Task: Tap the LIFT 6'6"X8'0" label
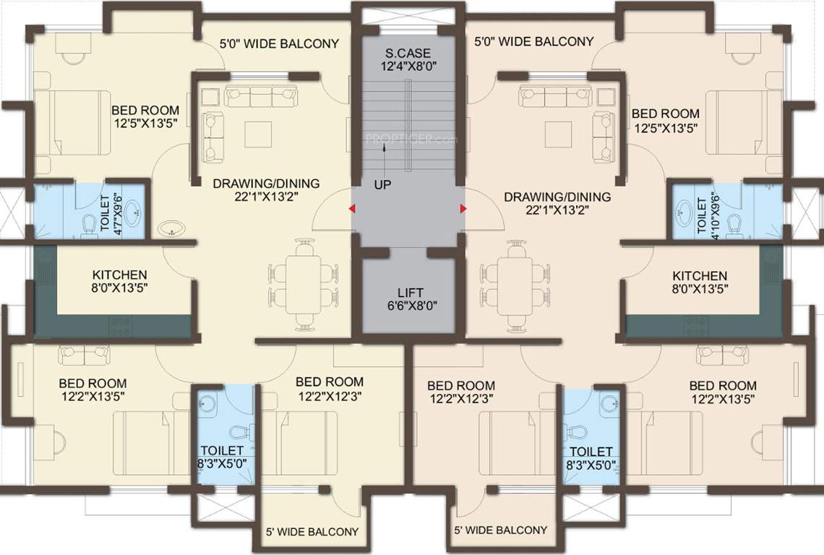408,299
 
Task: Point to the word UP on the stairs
383,185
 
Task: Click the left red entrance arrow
352,210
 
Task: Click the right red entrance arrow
462,210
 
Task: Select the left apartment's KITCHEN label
120,282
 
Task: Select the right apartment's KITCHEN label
700,283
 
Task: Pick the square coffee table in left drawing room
258,134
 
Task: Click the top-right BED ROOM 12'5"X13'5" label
666,120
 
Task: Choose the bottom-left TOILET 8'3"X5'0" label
220,458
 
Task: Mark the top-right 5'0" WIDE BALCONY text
533,42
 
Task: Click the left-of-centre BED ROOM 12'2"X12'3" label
330,389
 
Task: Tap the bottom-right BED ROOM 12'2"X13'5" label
723,392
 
